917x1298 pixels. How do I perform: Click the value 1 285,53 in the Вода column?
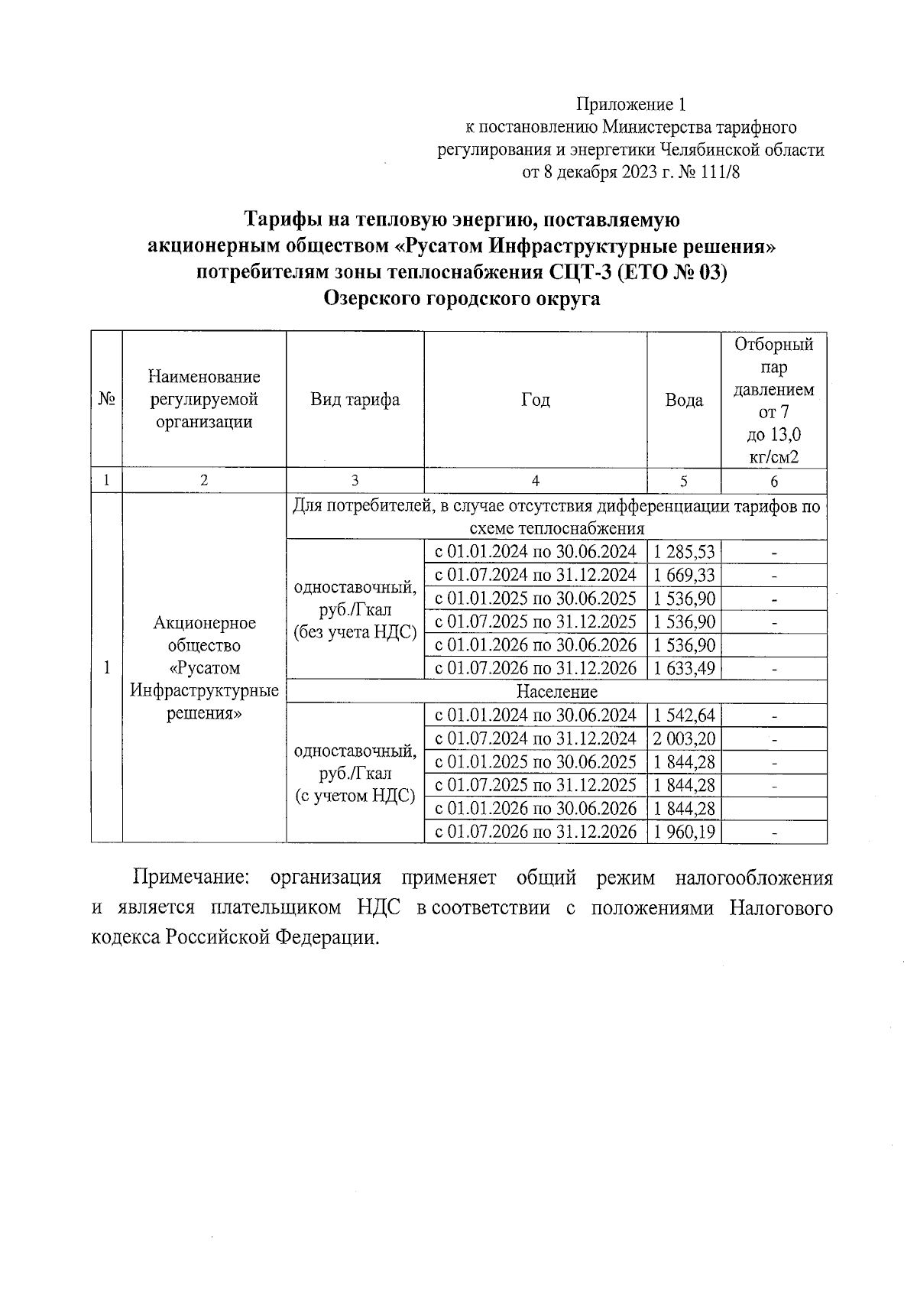[x=684, y=552]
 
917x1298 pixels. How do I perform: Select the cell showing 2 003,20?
[x=684, y=738]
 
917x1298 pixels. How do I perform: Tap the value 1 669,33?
[x=684, y=575]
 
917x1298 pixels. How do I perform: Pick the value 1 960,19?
[x=684, y=832]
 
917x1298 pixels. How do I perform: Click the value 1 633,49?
[x=684, y=668]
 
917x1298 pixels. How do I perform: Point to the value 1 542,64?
[x=684, y=716]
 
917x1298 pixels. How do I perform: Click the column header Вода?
[x=684, y=400]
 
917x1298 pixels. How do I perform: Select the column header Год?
[x=535, y=400]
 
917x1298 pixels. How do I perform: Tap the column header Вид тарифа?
[x=355, y=400]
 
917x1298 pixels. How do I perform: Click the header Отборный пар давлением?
[x=773, y=367]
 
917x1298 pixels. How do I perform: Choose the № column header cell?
[x=106, y=400]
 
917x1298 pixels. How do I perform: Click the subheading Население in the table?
[x=556, y=692]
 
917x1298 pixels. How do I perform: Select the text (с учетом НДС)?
[x=355, y=796]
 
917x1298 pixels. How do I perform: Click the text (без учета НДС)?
[x=355, y=632]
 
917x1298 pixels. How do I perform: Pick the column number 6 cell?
[x=773, y=481]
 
